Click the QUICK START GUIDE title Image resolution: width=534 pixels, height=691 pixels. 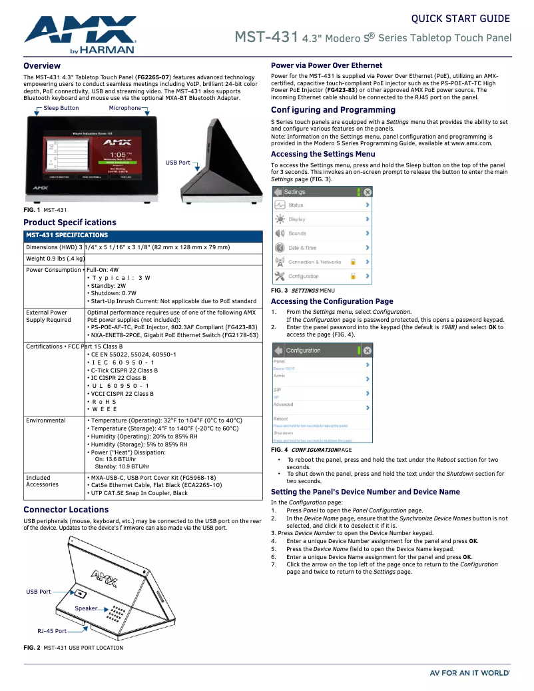click(461, 19)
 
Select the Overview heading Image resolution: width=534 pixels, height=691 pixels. click(42, 66)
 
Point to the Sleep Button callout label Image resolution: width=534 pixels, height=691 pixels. click(61, 108)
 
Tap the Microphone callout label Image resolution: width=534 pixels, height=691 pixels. click(125, 108)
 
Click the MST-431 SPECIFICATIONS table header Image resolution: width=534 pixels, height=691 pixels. click(67, 235)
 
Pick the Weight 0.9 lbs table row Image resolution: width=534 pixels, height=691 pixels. click(56, 259)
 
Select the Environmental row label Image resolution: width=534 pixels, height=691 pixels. click(46, 420)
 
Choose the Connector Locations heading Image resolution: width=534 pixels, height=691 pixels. click(66, 510)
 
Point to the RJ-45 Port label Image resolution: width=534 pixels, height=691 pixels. click(52, 631)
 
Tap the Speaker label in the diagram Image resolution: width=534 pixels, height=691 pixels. click(86, 608)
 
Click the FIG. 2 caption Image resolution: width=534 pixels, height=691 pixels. click(73, 648)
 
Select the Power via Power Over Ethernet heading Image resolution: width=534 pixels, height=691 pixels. click(326, 65)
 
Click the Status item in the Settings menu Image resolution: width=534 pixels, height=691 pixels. click(296, 205)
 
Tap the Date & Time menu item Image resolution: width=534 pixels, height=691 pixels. click(302, 248)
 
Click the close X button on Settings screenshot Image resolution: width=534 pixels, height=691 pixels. click(368, 192)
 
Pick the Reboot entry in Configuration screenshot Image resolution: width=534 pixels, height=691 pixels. click(280, 418)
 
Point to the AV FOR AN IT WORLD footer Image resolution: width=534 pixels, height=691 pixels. click(470, 673)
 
